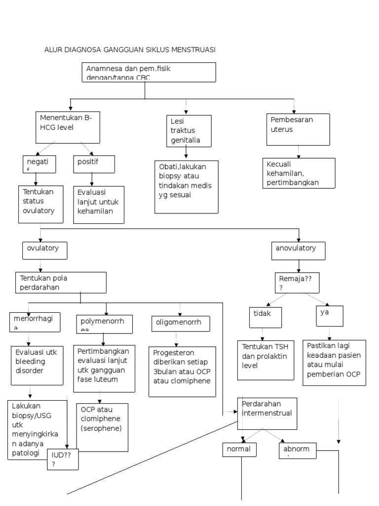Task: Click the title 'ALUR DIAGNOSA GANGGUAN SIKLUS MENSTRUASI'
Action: coord(130,50)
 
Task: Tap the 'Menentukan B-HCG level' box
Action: coord(69,126)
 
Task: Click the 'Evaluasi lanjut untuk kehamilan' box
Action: coord(98,205)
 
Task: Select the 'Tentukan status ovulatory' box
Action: coord(42,205)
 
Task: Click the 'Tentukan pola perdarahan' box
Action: coord(61,282)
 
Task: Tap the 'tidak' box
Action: coord(266,316)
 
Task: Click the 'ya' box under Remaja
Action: coord(329,316)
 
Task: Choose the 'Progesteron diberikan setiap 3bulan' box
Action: coord(183,371)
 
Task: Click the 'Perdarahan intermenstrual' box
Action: coord(267,413)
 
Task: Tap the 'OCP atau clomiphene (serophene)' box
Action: coord(102,427)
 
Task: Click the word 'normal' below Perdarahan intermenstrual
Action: coord(239,449)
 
